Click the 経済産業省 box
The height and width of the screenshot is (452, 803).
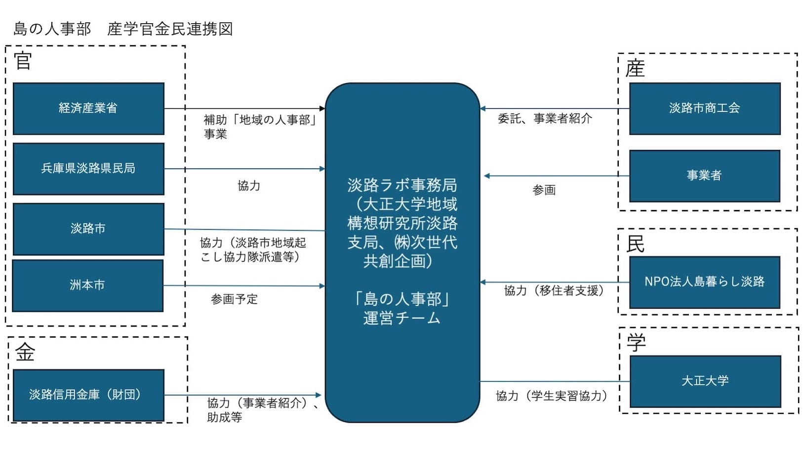click(x=88, y=109)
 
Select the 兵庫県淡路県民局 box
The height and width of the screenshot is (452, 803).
click(x=88, y=168)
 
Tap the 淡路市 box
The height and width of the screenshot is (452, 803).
click(x=88, y=229)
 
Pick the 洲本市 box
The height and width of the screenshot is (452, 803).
click(x=87, y=286)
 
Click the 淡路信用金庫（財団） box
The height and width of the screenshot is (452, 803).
click(x=88, y=395)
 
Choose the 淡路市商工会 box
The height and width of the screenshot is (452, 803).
click(x=705, y=109)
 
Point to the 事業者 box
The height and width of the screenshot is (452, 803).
click(x=705, y=176)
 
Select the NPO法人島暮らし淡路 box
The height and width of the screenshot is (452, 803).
click(x=705, y=282)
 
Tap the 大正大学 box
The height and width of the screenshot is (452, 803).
click(x=705, y=381)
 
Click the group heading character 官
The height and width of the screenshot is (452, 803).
click(x=23, y=61)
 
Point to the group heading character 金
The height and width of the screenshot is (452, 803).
click(x=25, y=352)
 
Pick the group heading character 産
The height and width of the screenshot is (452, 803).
click(x=635, y=69)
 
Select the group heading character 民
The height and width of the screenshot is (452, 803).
click(x=636, y=244)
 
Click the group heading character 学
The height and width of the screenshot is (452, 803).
click(x=636, y=342)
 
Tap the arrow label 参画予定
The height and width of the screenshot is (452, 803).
click(x=234, y=299)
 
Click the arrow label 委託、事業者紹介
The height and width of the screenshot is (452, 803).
click(x=545, y=119)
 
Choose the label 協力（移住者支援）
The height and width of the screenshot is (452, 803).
click(x=554, y=291)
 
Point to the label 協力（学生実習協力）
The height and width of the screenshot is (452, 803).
click(x=551, y=396)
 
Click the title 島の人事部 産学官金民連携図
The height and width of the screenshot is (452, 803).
click(x=123, y=29)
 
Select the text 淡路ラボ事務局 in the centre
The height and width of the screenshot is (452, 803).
click(x=402, y=185)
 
